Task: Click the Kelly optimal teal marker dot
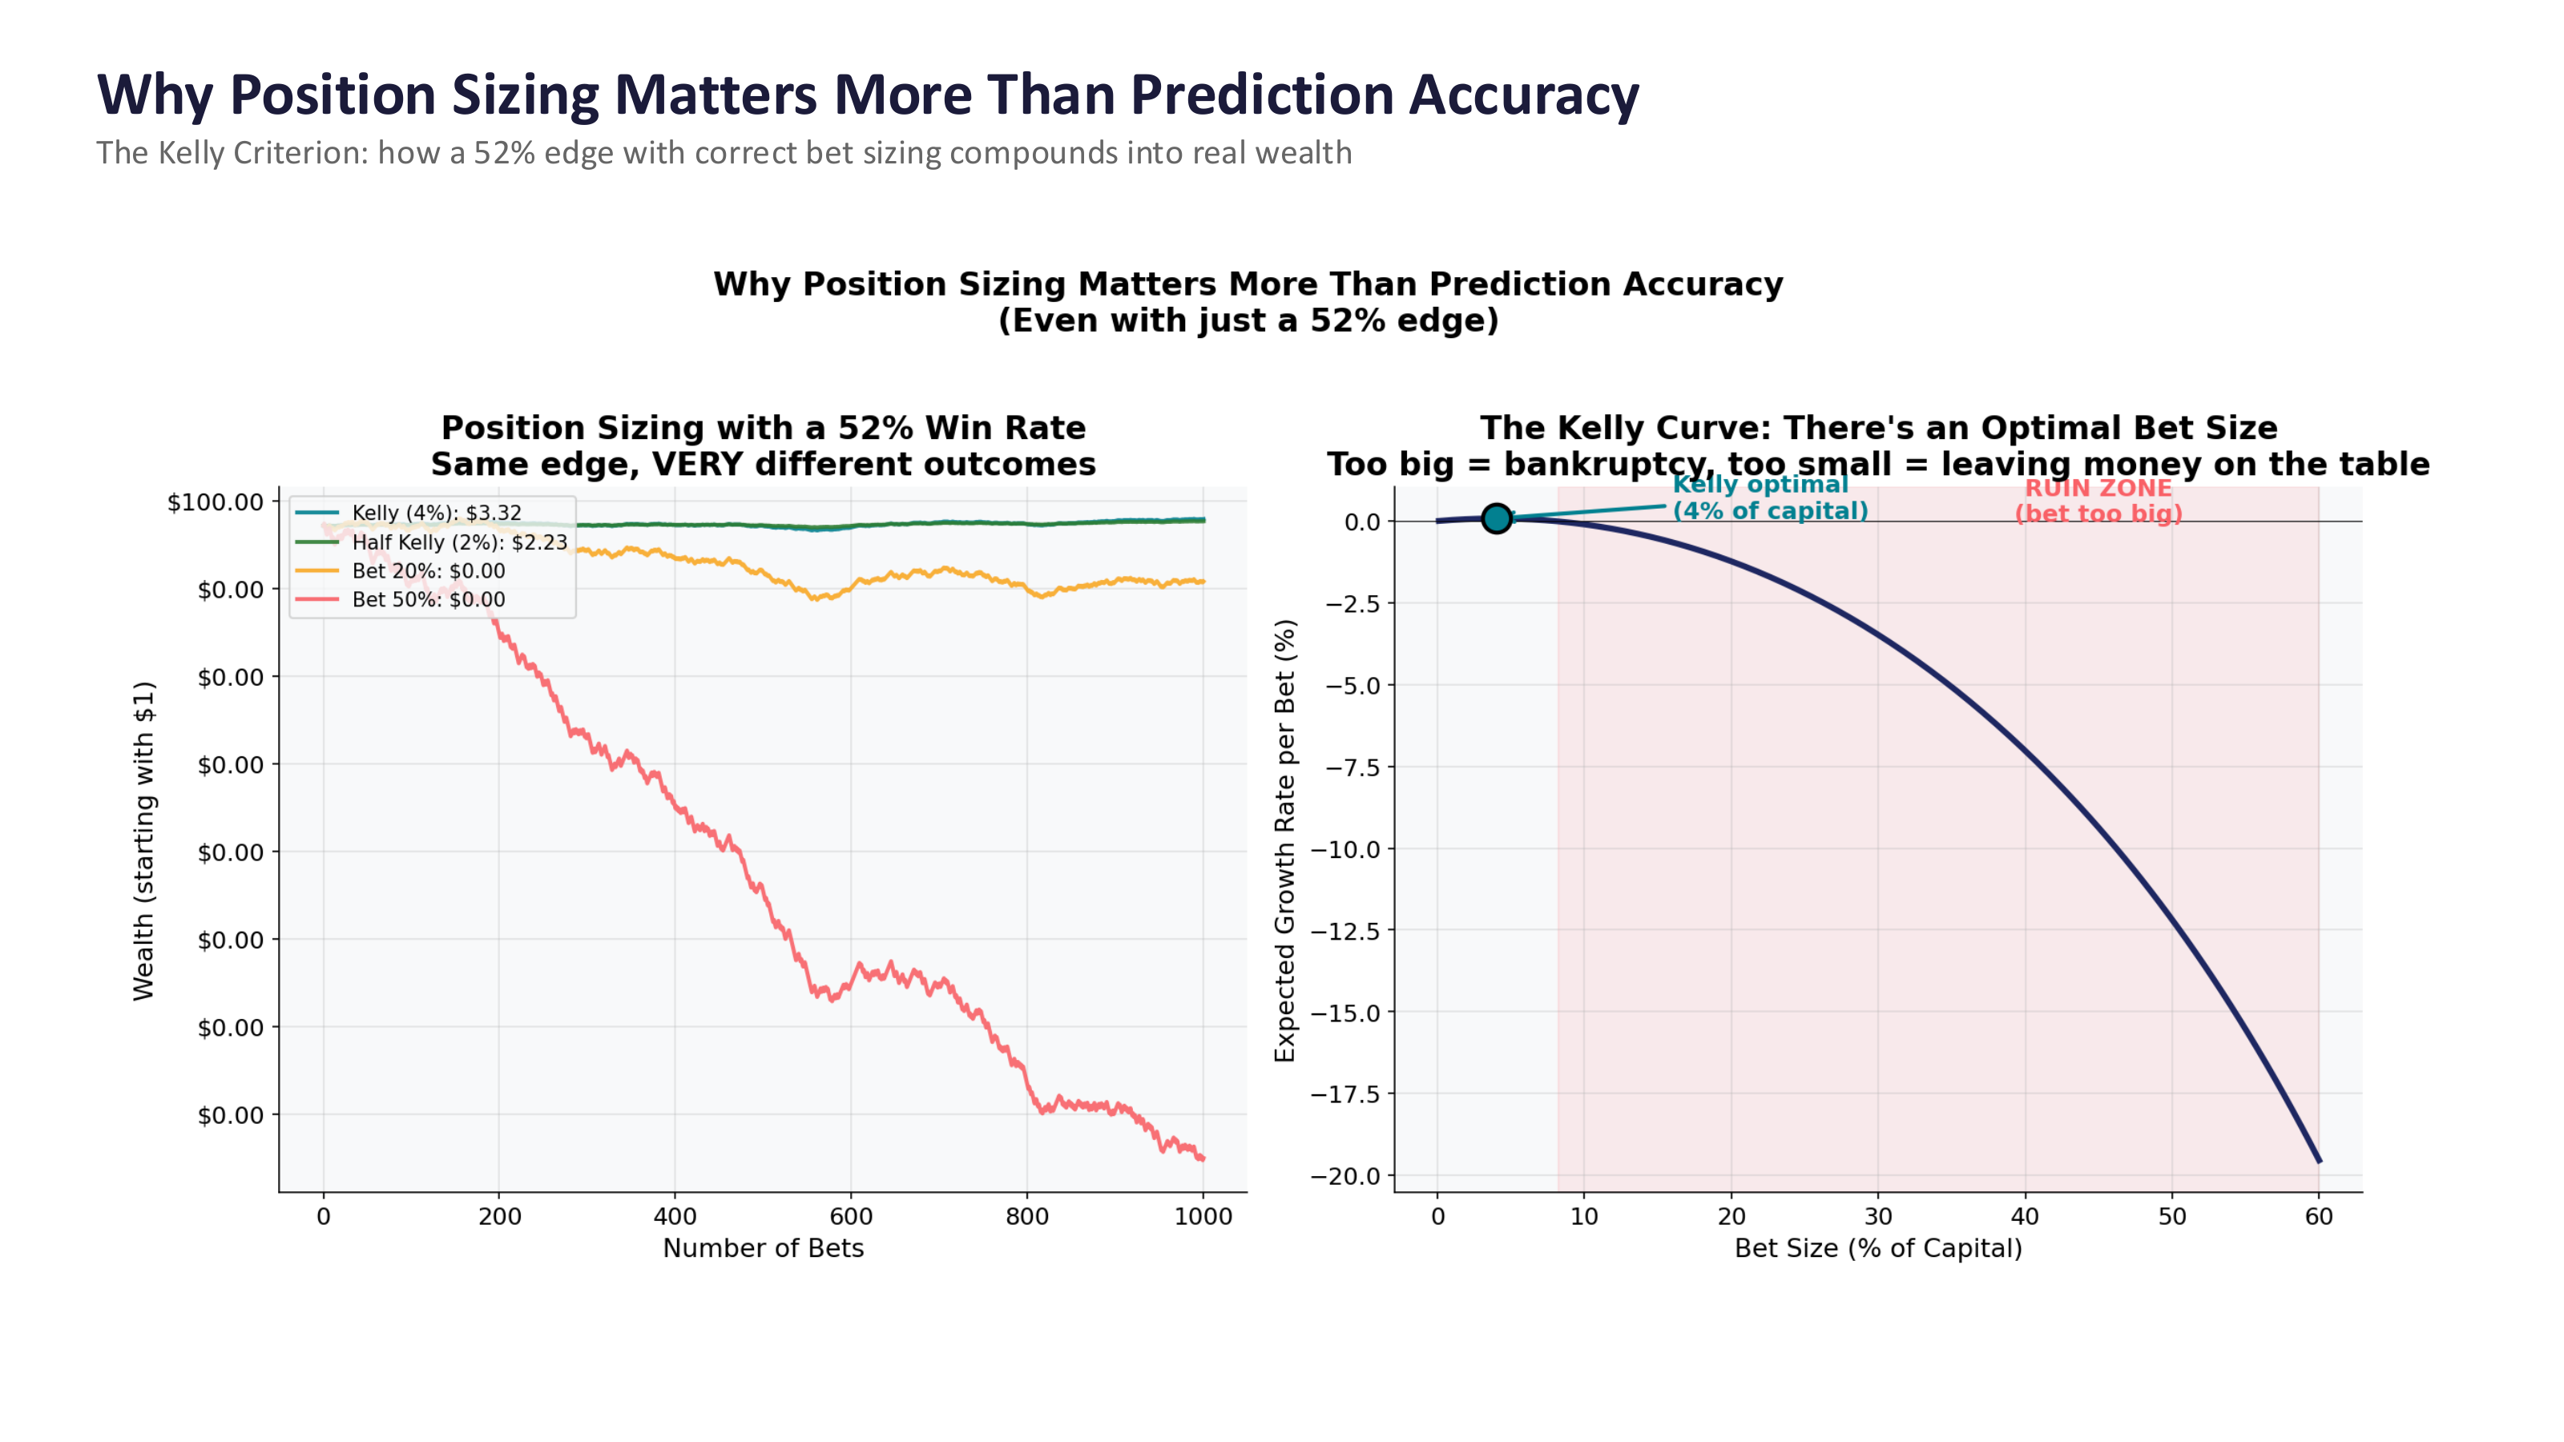(x=1496, y=518)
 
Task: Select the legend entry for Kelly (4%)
(x=436, y=513)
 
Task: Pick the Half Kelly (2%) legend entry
(x=459, y=542)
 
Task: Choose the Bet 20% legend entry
(x=428, y=571)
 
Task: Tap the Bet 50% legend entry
(x=428, y=600)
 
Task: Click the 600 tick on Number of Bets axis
(x=851, y=1216)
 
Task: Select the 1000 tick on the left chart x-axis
(x=1203, y=1216)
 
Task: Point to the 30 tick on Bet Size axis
(x=1878, y=1216)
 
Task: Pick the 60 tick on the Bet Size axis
(x=2319, y=1216)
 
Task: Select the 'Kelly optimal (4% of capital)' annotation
(x=1770, y=497)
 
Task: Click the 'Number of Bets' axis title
(x=764, y=1248)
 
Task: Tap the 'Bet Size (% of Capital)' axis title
(x=1878, y=1248)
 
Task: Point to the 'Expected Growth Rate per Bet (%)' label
(x=1285, y=841)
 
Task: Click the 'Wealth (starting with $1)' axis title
(x=144, y=841)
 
